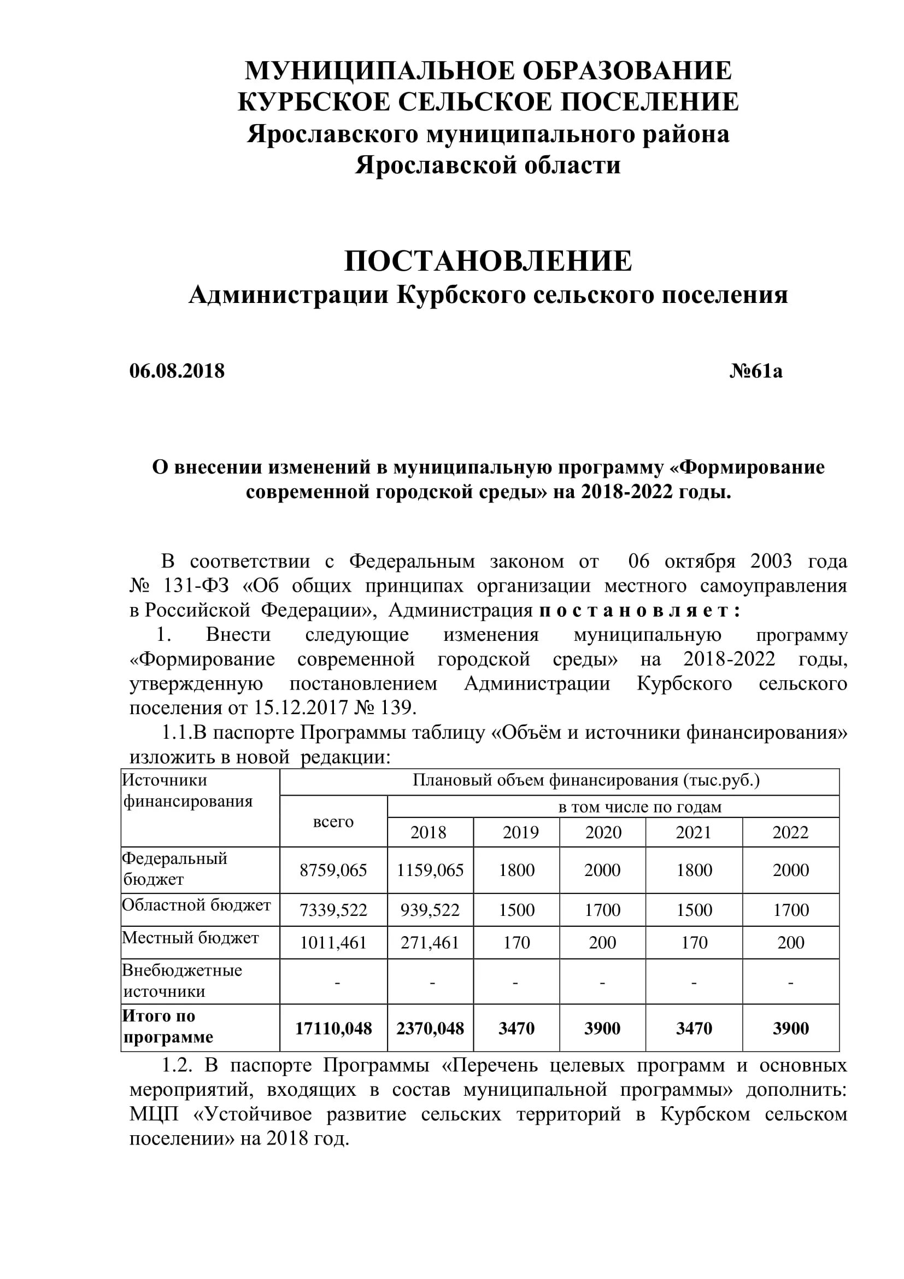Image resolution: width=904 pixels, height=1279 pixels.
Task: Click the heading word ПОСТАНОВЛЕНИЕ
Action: [488, 261]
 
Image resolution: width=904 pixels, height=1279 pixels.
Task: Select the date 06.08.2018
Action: [177, 371]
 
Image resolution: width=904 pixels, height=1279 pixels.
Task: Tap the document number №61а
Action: [755, 371]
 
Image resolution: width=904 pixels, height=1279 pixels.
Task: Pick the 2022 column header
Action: [790, 832]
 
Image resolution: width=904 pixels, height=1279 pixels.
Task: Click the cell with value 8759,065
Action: [333, 870]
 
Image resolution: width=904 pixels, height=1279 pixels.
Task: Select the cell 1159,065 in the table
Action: [430, 870]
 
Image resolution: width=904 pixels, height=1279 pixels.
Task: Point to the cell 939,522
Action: [430, 910]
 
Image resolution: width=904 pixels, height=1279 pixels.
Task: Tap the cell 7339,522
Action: [333, 910]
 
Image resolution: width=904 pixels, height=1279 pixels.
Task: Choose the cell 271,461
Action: [430, 943]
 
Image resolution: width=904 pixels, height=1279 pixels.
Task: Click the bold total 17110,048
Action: [333, 1029]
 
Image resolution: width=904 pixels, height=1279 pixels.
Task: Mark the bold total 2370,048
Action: [430, 1029]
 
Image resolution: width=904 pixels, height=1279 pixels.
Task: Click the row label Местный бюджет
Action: [190, 938]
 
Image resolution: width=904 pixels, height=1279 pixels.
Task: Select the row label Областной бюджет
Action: [196, 904]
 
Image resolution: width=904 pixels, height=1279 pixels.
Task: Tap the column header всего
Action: [333, 822]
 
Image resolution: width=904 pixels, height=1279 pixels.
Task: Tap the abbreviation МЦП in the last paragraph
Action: [154, 1113]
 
